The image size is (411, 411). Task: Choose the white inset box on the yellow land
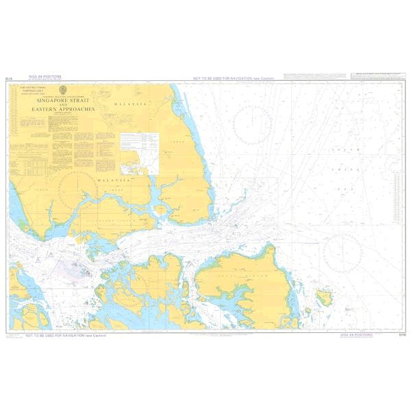coord(139,152)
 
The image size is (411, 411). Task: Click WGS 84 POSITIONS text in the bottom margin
coord(357,336)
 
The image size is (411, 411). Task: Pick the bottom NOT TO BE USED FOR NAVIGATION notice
coord(66,336)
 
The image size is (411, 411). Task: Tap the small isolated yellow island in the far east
coord(324,297)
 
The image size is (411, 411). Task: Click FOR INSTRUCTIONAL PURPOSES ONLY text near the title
coord(32,90)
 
